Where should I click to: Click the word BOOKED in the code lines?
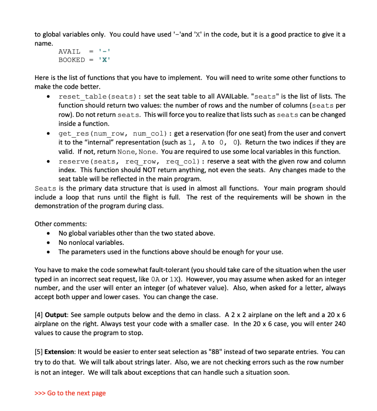coord(72,60)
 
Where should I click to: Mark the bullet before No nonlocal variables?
coord(48,242)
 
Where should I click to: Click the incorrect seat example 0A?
coord(213,279)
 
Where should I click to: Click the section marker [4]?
coord(39,314)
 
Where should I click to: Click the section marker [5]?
coord(39,352)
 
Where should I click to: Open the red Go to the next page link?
coord(71,393)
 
